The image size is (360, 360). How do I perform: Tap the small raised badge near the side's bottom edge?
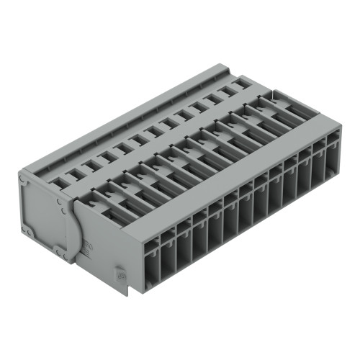(x=120, y=274)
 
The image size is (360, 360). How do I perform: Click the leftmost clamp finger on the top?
(x=101, y=198)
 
